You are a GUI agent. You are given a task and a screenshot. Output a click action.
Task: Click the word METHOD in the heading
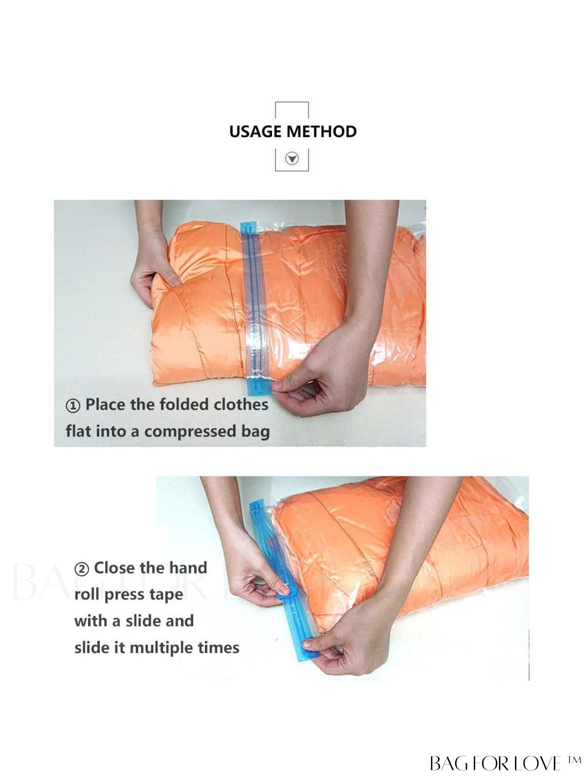pyautogui.click(x=322, y=132)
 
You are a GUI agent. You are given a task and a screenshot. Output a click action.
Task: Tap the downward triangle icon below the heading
pyautogui.click(x=292, y=158)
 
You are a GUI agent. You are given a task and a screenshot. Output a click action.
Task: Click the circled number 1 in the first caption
pyautogui.click(x=73, y=406)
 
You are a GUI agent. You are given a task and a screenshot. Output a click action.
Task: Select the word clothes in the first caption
pyautogui.click(x=241, y=405)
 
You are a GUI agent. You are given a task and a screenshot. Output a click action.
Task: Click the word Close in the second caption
pyautogui.click(x=115, y=568)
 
